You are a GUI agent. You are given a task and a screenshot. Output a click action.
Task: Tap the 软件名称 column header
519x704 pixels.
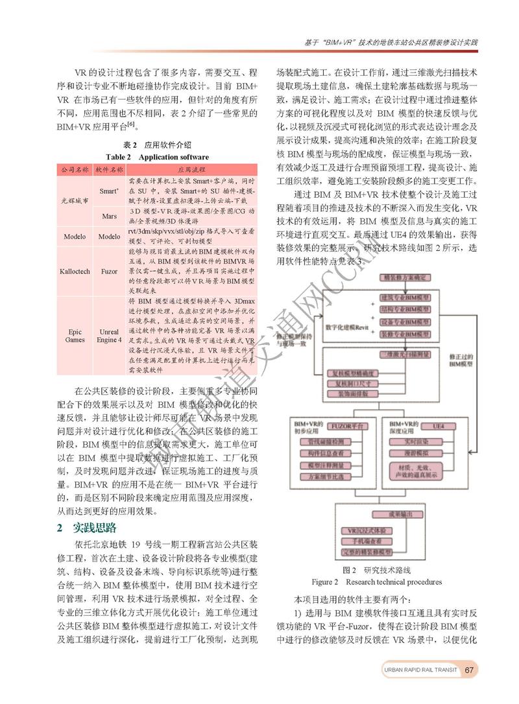(x=108, y=169)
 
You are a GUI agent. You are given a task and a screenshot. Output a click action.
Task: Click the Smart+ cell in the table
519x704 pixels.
(x=108, y=191)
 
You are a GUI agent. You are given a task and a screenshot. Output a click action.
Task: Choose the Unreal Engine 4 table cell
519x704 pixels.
(x=109, y=336)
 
